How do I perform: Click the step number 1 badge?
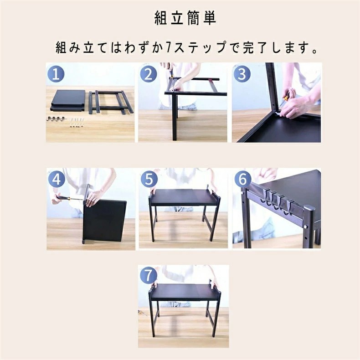click(x=56, y=74)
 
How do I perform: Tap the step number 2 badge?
click(x=149, y=74)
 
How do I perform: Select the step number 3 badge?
click(x=242, y=74)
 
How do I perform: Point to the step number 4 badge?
click(x=57, y=179)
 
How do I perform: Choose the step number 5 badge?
click(x=149, y=179)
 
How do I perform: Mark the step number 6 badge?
click(x=243, y=179)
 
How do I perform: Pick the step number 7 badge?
click(x=148, y=275)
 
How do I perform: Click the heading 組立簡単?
click(x=185, y=18)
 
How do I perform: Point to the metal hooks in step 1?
click(x=55, y=119)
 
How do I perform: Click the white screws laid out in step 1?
click(x=76, y=123)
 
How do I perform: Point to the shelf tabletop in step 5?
click(x=183, y=197)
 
